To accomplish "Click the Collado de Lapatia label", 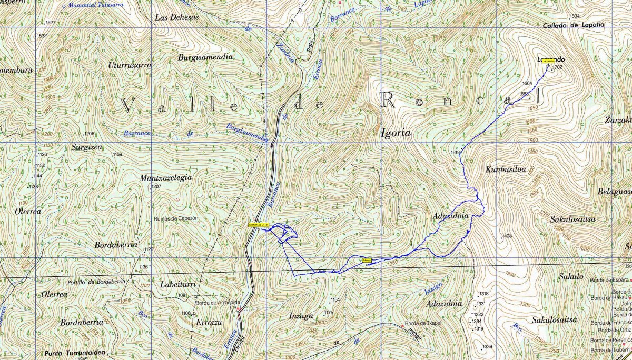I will [x=574, y=25].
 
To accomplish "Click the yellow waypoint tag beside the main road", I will [x=259, y=225].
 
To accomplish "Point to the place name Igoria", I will [x=396, y=133].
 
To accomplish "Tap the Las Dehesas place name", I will [x=177, y=17].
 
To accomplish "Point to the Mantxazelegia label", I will [x=166, y=178].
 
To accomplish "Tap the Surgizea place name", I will [x=86, y=148].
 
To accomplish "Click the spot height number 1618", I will [x=456, y=152].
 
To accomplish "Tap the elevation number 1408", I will [x=507, y=236].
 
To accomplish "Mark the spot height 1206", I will [x=89, y=134].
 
